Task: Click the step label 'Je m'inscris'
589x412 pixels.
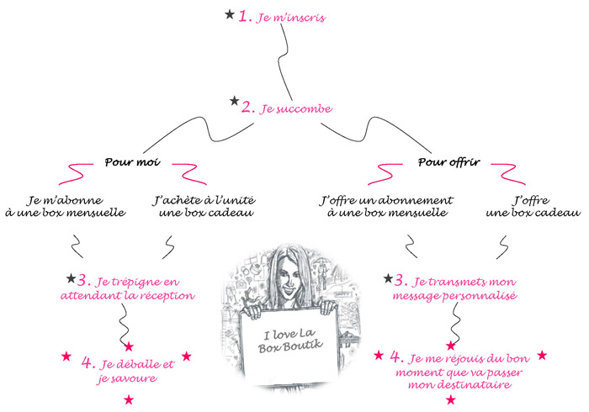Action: (x=290, y=18)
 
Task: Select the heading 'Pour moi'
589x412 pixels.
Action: (x=132, y=162)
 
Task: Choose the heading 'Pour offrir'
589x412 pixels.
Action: (x=448, y=162)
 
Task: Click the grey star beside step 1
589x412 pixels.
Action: (x=230, y=14)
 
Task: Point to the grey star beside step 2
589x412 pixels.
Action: (x=235, y=101)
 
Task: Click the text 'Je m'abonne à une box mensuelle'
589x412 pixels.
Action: (x=66, y=206)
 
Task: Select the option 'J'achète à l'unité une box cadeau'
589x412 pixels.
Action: (x=204, y=206)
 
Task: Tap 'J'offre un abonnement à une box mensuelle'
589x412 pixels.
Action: (x=386, y=206)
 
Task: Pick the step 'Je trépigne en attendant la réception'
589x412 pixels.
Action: (x=128, y=288)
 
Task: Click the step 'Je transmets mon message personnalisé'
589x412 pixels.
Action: (x=454, y=288)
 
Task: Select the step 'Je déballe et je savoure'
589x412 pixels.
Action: (x=128, y=371)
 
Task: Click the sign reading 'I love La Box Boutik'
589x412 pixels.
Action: (x=289, y=341)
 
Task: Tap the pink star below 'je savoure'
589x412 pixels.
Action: (x=129, y=399)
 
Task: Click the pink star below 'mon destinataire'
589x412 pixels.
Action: (x=451, y=399)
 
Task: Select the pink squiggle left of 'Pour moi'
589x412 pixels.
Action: (x=76, y=174)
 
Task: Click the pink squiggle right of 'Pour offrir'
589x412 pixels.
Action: (x=508, y=174)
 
